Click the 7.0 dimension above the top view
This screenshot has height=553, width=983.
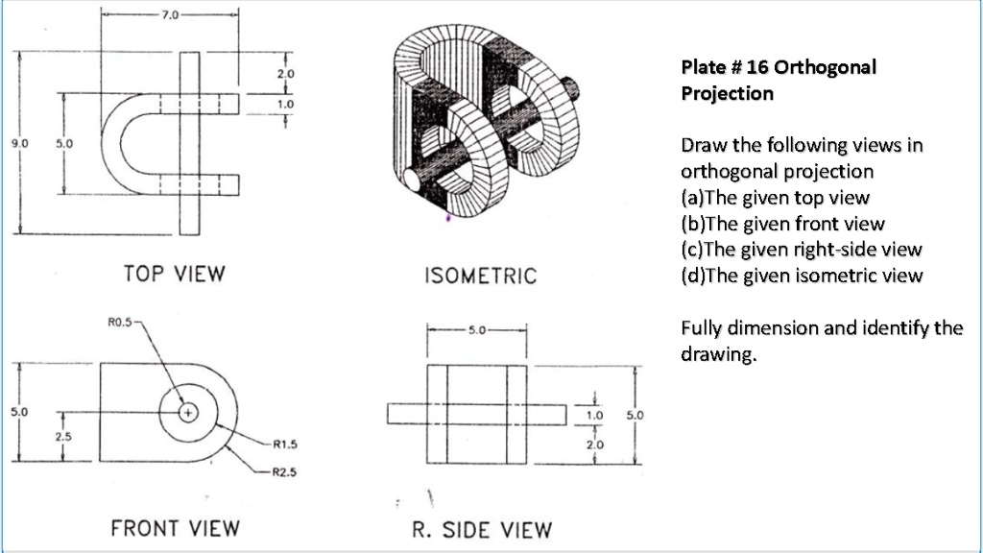point(169,16)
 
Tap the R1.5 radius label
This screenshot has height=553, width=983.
point(286,445)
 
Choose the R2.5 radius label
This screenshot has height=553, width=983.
point(286,471)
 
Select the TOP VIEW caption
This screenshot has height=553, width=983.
point(174,274)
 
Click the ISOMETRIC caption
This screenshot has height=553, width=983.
point(480,276)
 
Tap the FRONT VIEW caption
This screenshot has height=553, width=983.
point(175,527)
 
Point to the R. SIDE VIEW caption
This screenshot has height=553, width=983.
point(482,529)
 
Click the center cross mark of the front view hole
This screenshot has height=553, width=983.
point(188,413)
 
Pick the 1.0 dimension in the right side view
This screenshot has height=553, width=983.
point(595,416)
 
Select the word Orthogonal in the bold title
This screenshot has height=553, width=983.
point(826,68)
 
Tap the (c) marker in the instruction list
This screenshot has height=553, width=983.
point(691,250)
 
